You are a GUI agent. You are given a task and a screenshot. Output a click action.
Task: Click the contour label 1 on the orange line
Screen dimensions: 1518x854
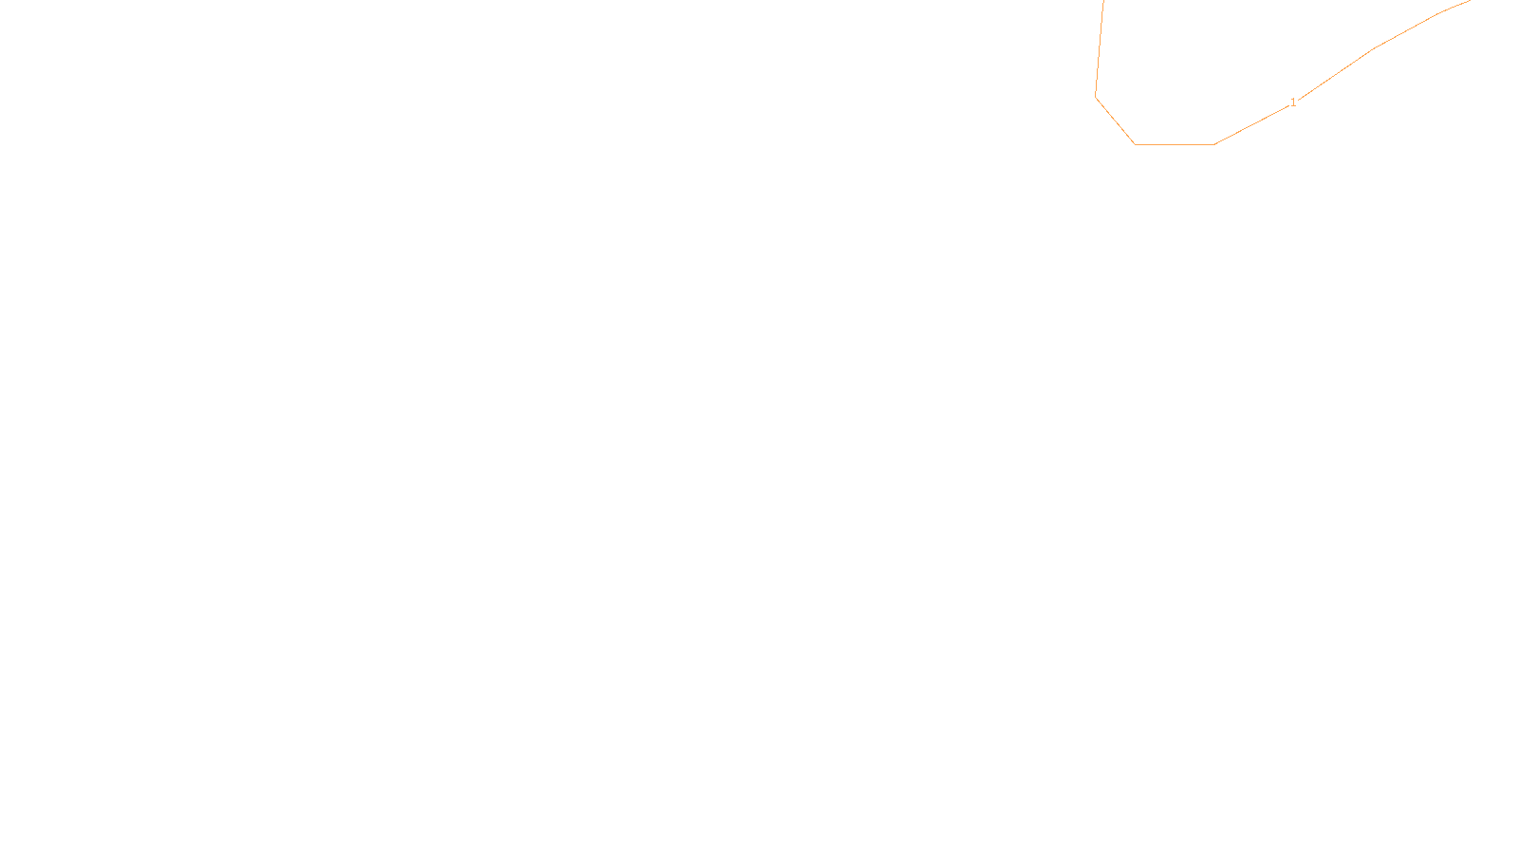coord(1293,102)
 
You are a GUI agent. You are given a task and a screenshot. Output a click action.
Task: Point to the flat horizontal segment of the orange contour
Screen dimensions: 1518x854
coord(1175,144)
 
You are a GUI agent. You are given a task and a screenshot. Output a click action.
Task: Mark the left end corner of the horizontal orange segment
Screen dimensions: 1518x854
coord(1135,144)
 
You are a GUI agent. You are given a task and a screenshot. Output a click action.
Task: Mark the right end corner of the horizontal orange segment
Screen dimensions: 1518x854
coord(1214,144)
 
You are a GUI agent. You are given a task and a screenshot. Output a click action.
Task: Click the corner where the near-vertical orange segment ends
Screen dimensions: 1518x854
coord(1096,96)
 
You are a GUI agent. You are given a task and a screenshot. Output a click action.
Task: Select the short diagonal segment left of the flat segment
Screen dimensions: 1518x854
coord(1115,120)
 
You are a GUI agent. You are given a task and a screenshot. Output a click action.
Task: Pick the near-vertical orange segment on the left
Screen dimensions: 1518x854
coord(1100,47)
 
